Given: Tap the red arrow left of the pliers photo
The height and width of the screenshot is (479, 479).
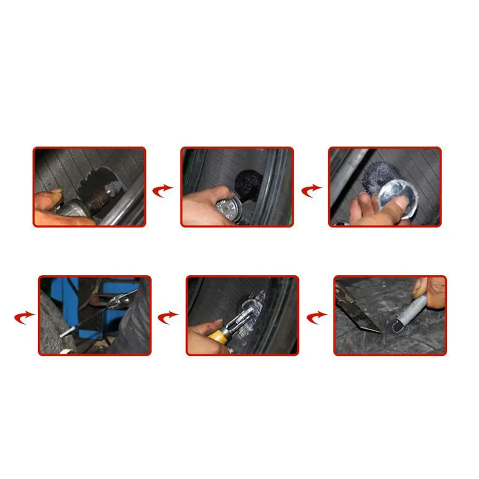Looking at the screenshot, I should click(x=24, y=317).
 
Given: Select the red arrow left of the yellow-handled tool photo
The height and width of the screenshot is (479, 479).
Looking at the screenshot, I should click(x=168, y=317).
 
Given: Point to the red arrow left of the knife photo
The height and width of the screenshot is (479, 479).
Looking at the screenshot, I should click(x=316, y=317).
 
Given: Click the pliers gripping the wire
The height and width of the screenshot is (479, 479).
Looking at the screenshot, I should click(x=118, y=300).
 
